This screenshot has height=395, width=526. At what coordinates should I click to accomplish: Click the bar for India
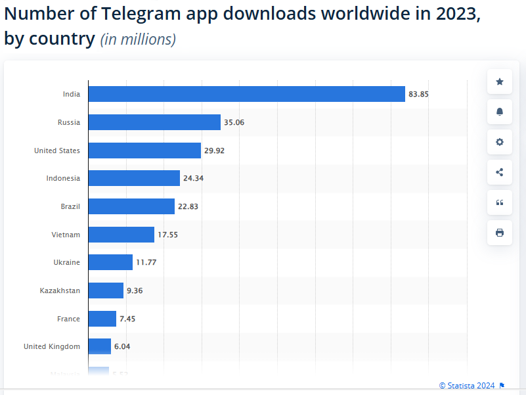pos(246,94)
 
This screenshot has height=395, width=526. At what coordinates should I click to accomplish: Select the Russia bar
pos(154,122)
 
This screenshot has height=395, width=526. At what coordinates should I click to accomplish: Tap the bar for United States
pos(144,151)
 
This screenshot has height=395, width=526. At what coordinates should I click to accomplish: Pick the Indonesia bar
pos(134,178)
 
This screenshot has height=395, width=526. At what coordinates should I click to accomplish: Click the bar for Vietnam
pos(121,235)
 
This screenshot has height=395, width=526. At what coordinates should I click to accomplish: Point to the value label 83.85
pos(418,94)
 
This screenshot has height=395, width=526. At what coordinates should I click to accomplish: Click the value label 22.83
pos(188,206)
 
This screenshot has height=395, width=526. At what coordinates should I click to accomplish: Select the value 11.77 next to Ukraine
pos(146,263)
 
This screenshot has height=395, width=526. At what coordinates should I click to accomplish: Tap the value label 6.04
pos(122,346)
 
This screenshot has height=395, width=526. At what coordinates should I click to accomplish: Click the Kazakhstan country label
pos(60,290)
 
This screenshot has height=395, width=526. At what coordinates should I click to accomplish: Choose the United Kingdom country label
pos(52,346)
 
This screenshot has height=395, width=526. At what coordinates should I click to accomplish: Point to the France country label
pos(68,319)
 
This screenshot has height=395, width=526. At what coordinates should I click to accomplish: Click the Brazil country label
pos(70,206)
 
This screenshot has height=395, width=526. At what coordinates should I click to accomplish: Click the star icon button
pos(500,81)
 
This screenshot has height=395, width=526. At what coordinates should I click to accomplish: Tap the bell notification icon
pos(500,112)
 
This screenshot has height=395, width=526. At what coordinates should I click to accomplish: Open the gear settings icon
pos(500,142)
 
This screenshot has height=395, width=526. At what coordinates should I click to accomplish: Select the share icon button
pos(500,172)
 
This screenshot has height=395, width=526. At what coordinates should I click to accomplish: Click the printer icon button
pos(500,233)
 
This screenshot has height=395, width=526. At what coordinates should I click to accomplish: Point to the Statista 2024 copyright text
pos(468,385)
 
